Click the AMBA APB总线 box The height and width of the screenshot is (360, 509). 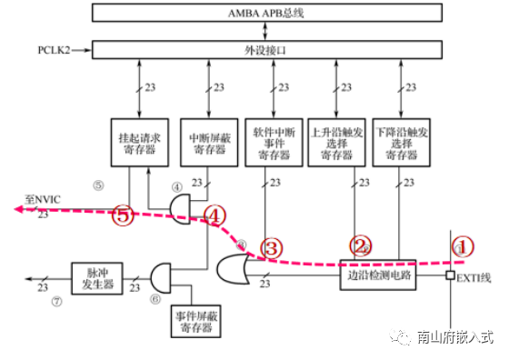(x=274, y=14)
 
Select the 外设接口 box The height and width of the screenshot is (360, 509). (x=274, y=50)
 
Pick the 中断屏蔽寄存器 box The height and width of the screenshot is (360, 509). (x=208, y=143)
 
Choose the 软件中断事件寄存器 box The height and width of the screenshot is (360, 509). (x=274, y=143)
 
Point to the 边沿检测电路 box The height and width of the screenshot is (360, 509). (x=375, y=273)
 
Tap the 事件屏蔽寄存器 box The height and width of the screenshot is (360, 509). (x=196, y=319)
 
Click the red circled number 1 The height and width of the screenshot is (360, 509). (x=464, y=246)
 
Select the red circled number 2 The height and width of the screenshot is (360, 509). (x=362, y=245)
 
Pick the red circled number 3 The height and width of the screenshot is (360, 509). (x=271, y=247)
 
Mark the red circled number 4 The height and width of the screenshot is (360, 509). (x=215, y=215)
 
